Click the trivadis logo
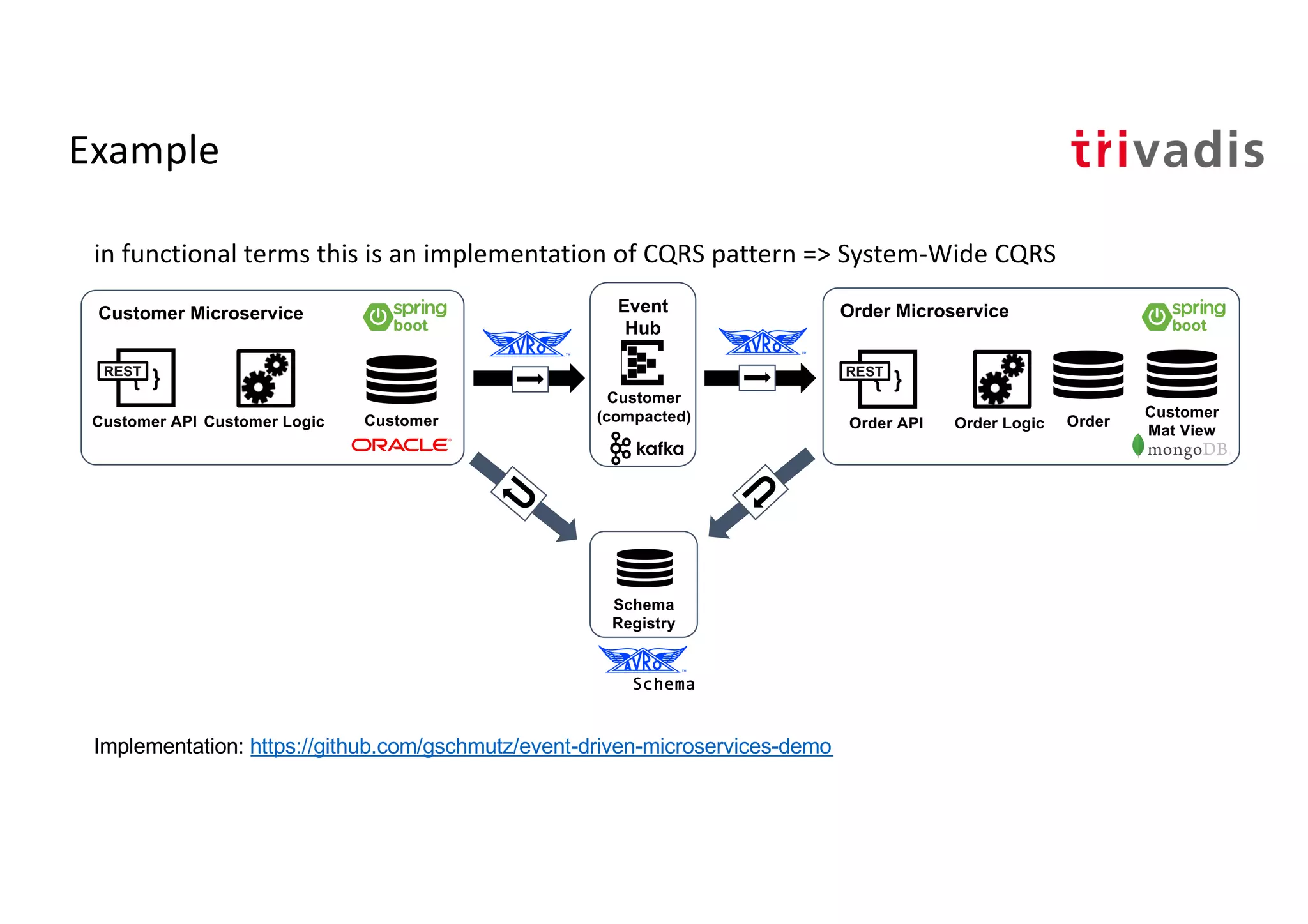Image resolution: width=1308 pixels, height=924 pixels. [1167, 150]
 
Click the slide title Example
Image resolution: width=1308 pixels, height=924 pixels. [144, 151]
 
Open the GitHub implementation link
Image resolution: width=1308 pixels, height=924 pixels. [541, 746]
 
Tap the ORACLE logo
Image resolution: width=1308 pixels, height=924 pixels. [401, 444]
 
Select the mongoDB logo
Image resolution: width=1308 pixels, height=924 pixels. [1180, 448]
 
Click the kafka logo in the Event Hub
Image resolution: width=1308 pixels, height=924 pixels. [647, 448]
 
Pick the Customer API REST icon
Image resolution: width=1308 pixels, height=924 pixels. [137, 377]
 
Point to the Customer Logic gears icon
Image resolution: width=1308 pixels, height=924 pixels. [266, 378]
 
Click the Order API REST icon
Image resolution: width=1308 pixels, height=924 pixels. [879, 379]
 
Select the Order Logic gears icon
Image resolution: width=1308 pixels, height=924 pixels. [1001, 379]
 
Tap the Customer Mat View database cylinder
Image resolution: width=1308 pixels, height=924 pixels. [1182, 374]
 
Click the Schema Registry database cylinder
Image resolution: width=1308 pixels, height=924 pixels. [644, 568]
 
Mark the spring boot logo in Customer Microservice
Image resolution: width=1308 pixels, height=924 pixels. [405, 317]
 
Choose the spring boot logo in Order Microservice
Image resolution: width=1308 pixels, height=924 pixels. [1183, 317]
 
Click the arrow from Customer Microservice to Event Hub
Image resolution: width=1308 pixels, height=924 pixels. [529, 379]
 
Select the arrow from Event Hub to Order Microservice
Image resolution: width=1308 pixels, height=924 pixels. [759, 378]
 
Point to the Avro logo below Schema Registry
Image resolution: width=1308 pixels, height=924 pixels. [643, 660]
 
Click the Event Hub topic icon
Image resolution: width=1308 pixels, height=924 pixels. [643, 362]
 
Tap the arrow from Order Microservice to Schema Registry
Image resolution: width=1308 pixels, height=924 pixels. [760, 493]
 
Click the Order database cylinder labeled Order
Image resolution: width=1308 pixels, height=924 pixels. [1088, 375]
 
